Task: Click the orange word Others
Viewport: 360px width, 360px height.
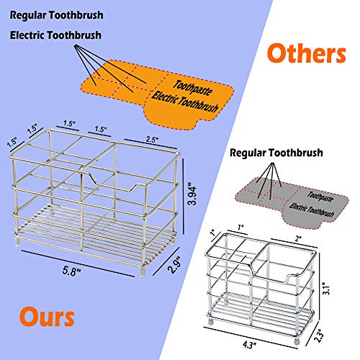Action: pyautogui.click(x=307, y=53)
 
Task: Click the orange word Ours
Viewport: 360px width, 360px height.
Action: pyautogui.click(x=47, y=317)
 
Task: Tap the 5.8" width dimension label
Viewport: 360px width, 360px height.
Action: pyautogui.click(x=71, y=271)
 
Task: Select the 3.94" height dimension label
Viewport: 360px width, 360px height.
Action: pyautogui.click(x=192, y=194)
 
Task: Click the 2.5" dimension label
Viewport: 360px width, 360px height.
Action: pyautogui.click(x=152, y=140)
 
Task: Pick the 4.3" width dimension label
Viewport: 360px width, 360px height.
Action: pyautogui.click(x=249, y=345)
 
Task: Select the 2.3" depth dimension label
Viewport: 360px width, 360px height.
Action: pyautogui.click(x=320, y=337)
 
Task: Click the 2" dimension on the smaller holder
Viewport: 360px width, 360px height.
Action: pyautogui.click(x=298, y=238)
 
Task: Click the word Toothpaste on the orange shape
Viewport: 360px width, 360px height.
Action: pyautogui.click(x=193, y=88)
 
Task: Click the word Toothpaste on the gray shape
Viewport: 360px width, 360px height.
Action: pyautogui.click(x=320, y=197)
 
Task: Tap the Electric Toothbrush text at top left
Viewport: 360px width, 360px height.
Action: pyautogui.click(x=55, y=35)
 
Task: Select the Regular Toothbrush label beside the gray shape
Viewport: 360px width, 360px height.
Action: pyautogui.click(x=276, y=153)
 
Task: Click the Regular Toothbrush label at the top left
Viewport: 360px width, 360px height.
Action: pyautogui.click(x=56, y=15)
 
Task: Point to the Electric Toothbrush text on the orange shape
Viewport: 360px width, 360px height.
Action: pyautogui.click(x=185, y=102)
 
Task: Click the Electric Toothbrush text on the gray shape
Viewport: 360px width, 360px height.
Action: pyautogui.click(x=312, y=210)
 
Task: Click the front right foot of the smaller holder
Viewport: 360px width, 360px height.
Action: pyautogui.click(x=297, y=341)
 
